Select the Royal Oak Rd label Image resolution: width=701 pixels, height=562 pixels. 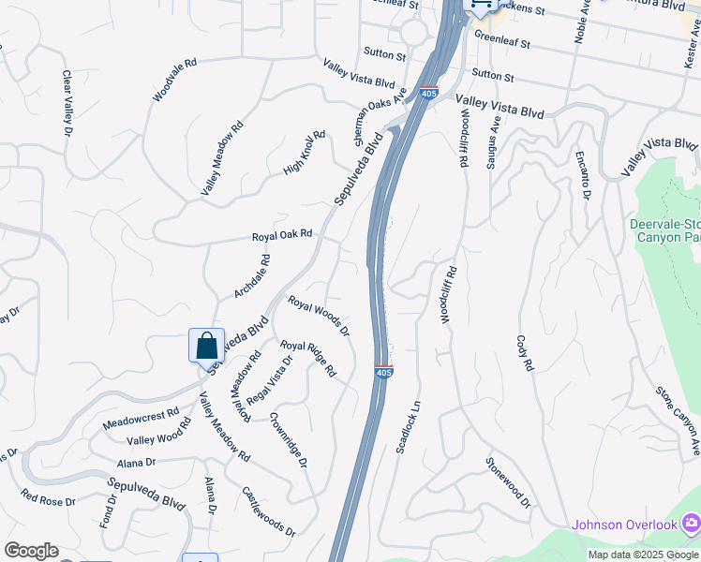pos(281,236)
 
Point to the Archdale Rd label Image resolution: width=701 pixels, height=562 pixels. pos(252,276)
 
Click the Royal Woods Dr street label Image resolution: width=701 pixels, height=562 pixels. pos(319,317)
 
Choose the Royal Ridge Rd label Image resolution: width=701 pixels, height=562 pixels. pos(308,359)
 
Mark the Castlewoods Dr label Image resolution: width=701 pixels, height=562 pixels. pos(268,510)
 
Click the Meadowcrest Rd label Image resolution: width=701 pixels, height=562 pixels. pos(141,414)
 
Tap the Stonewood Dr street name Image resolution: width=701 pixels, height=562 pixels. pos(508,482)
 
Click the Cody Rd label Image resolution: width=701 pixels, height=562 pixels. pos(523,351)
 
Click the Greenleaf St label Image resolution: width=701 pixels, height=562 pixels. pos(502,42)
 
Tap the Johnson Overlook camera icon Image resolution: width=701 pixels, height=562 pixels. pos(690,523)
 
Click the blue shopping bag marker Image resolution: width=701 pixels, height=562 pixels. pos(206,346)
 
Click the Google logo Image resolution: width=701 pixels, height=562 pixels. pos(31,551)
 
